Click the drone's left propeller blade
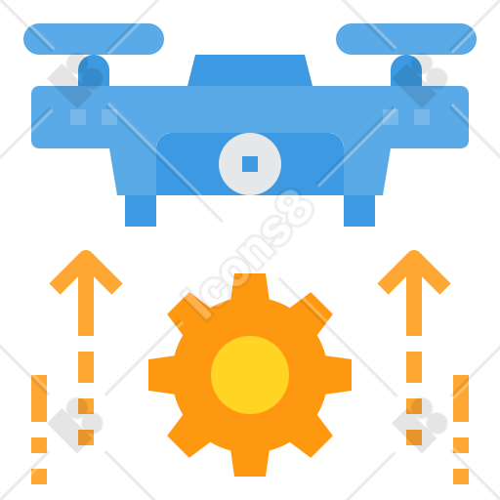pos(94,39)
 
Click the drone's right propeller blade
pos(406,39)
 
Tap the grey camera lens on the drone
pos(250,164)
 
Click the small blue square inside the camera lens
pos(250,164)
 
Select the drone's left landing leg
pos(141,211)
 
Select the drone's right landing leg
pos(359,211)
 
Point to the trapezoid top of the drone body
pos(250,70)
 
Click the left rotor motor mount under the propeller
pos(94,70)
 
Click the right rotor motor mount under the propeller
pos(406,70)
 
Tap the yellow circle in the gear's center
pos(250,375)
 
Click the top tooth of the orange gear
pos(250,287)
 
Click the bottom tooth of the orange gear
pos(250,463)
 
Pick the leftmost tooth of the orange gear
pos(162,375)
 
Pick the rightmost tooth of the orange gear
pos(338,375)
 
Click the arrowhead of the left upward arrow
pos(86,272)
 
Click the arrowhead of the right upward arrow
pos(414,272)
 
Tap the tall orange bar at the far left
pos(39,398)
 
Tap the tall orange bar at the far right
pos(461,398)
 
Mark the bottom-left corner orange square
pos(39,477)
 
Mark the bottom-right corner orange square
pos(461,477)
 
